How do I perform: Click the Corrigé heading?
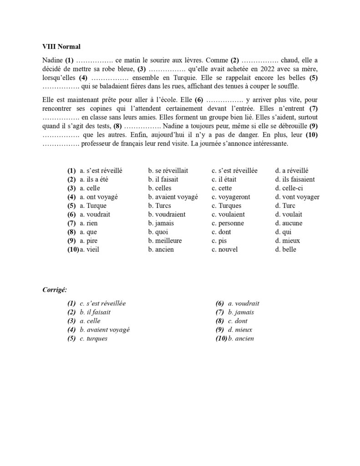54,289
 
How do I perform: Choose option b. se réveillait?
168,171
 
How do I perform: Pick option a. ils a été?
94,179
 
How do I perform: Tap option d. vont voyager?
297,197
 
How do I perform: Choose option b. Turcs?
159,206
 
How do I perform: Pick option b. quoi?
157,232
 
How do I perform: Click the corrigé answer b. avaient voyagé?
104,330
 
